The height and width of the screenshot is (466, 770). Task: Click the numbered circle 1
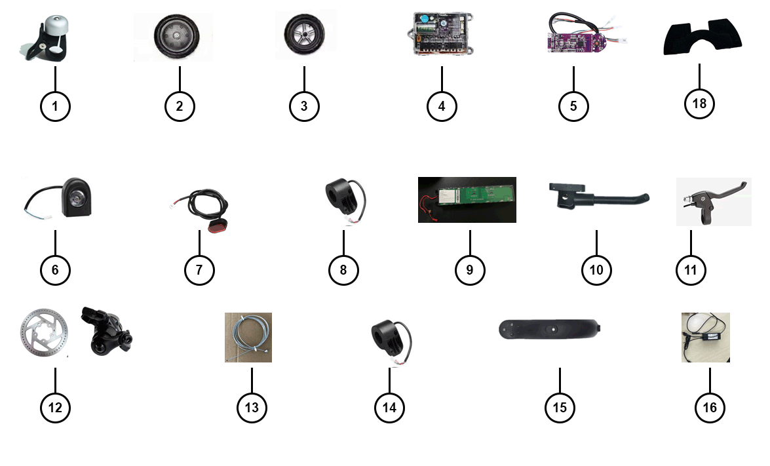tap(55, 106)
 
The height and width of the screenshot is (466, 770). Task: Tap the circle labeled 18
tap(699, 103)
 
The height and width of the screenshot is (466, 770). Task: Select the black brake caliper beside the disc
tap(105, 331)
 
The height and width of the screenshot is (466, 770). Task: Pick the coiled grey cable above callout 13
tap(248, 337)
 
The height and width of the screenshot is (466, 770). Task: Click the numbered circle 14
tap(389, 408)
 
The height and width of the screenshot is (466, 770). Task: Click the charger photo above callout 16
tap(705, 337)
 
